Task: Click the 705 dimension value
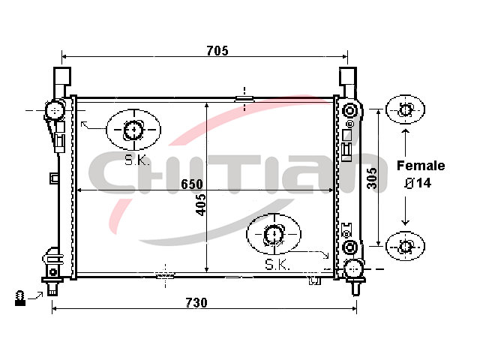coord(217,51)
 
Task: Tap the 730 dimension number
coord(196,303)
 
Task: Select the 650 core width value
coord(192,184)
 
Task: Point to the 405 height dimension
coord(201,205)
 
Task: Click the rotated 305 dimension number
coord(372,178)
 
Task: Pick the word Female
coord(421,166)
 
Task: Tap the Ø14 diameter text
coord(418,183)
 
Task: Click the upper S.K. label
coord(136,160)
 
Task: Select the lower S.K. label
coord(277,265)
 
